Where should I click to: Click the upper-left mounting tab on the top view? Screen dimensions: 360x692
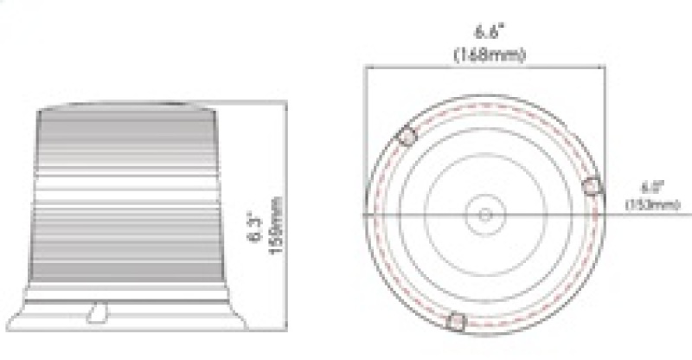(407, 136)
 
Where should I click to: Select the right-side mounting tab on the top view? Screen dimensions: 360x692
(593, 183)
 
